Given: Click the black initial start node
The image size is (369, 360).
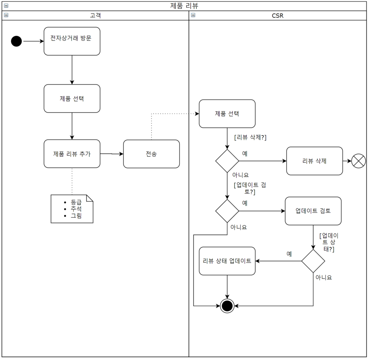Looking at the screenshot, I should (x=17, y=41).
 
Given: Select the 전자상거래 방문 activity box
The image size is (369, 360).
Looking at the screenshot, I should (x=72, y=41).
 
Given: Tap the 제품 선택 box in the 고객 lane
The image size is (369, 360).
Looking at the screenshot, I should (x=72, y=98).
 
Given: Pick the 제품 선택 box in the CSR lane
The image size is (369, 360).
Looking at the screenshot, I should (x=227, y=114).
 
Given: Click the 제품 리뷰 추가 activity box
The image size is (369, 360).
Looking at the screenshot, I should (x=72, y=154).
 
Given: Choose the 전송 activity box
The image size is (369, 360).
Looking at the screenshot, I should (x=151, y=154).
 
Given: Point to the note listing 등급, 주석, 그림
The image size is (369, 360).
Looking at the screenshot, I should (x=72, y=209).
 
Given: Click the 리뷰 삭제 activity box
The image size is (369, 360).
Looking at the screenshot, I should (x=314, y=161).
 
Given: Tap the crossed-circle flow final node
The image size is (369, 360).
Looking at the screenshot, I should (x=358, y=161).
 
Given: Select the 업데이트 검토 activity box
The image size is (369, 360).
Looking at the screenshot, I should (x=313, y=211).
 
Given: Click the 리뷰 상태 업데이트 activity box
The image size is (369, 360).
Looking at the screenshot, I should (x=227, y=261).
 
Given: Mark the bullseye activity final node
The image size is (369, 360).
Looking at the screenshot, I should (x=227, y=306).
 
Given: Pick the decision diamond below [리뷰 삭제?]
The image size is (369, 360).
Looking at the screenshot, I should (x=227, y=161).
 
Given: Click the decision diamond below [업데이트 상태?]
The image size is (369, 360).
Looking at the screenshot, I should (x=313, y=261).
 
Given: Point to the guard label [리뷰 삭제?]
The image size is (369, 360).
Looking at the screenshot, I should (x=250, y=137).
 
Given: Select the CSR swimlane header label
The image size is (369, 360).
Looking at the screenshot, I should (x=277, y=15).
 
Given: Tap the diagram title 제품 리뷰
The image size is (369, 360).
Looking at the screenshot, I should (x=184, y=6).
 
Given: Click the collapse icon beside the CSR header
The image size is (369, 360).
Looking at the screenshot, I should (x=193, y=15).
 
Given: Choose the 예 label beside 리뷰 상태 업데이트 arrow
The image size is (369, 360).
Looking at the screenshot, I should (x=289, y=254).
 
